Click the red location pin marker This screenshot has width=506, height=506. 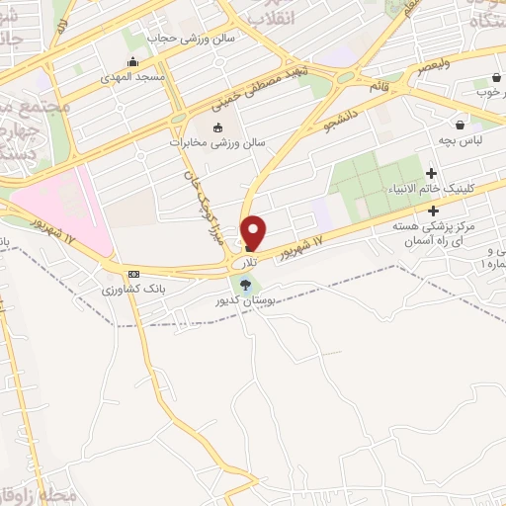[254, 232]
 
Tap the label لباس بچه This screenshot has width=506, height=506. [463, 140]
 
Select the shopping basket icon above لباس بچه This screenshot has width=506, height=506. [461, 125]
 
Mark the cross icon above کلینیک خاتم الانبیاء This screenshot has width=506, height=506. [432, 174]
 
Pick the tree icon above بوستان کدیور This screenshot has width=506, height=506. [245, 286]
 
